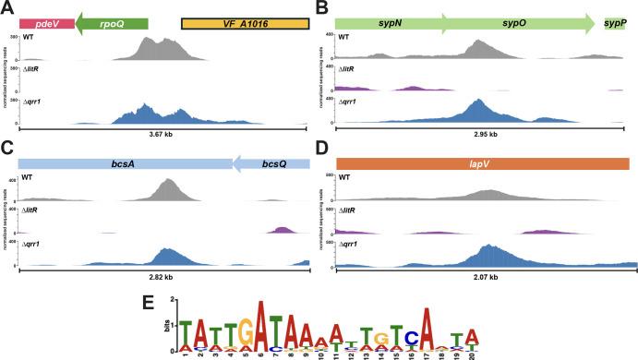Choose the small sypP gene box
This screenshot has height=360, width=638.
[x=615, y=21]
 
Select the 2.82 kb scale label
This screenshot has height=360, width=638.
[x=162, y=276]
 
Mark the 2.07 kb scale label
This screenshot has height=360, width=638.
[x=480, y=276]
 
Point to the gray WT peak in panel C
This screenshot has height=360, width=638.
[x=167, y=189]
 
